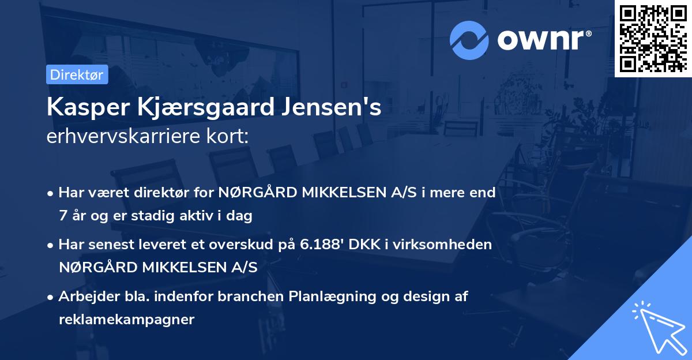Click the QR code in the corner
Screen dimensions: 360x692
[x=653, y=38]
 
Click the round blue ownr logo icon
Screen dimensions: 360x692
[x=469, y=39]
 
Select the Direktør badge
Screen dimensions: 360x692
[x=77, y=74]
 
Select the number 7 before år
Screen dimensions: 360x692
[x=62, y=216]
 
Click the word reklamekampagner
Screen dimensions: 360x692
[x=126, y=319]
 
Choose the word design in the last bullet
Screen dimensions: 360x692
[x=426, y=297]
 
